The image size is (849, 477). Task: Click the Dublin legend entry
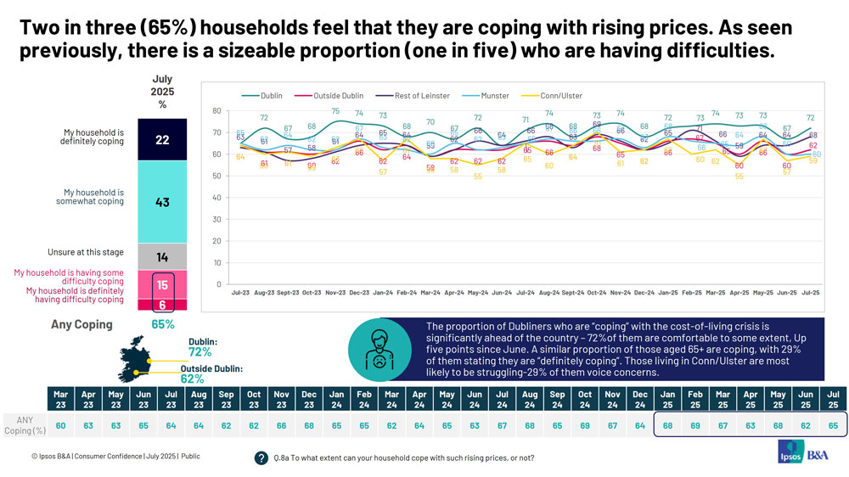(x=266, y=95)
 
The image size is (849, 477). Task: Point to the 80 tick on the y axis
(x=216, y=111)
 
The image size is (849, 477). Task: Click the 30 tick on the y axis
(x=216, y=219)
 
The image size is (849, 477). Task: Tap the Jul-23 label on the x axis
(x=241, y=293)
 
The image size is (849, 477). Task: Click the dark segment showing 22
(x=162, y=140)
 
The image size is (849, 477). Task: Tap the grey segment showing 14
(x=162, y=256)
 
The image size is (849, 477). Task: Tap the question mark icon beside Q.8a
(x=261, y=458)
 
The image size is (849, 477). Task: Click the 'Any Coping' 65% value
(x=162, y=324)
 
